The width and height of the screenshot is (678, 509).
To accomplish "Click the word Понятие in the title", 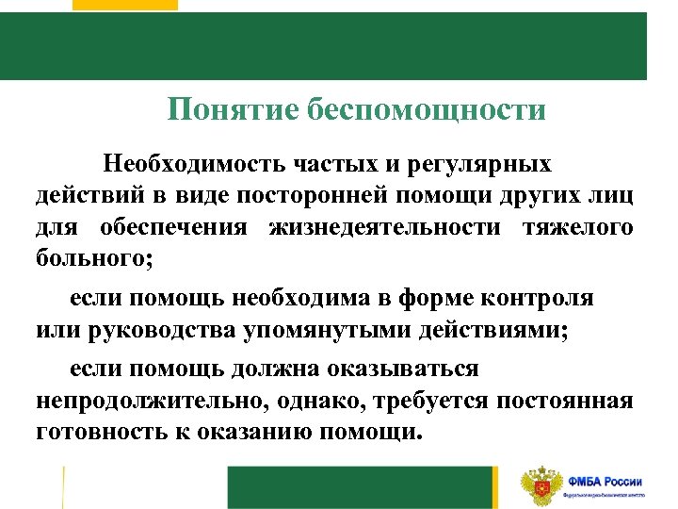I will pos(233,110).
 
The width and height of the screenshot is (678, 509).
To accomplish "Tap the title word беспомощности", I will pos(426,110).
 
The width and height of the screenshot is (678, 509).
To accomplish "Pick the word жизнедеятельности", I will pos(386,227).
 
